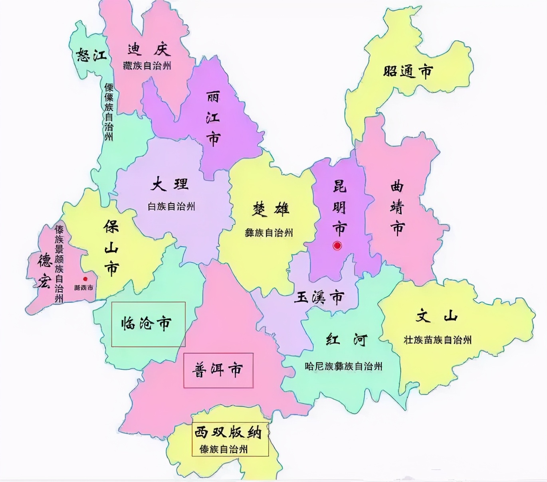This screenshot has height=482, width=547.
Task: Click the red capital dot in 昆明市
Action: [337, 246]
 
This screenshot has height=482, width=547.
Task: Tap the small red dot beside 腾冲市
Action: [85, 279]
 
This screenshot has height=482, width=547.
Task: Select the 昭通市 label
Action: [408, 72]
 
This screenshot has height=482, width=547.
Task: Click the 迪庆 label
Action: [149, 49]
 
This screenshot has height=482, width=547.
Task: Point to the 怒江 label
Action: [91, 55]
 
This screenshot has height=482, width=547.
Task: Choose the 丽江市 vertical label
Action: [213, 118]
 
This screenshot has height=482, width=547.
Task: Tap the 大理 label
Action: [170, 185]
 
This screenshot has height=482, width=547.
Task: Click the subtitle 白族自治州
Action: [171, 207]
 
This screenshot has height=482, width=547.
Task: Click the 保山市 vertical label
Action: [111, 248]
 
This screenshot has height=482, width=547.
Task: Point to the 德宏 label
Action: [45, 271]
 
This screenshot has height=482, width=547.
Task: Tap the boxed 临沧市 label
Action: [146, 324]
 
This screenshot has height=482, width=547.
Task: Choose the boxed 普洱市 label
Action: [218, 370]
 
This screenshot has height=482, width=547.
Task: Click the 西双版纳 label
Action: [228, 432]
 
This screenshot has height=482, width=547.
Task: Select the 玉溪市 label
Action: [319, 297]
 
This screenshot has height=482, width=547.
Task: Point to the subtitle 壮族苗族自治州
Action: [438, 340]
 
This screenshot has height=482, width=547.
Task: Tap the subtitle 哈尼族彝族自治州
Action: [343, 366]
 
